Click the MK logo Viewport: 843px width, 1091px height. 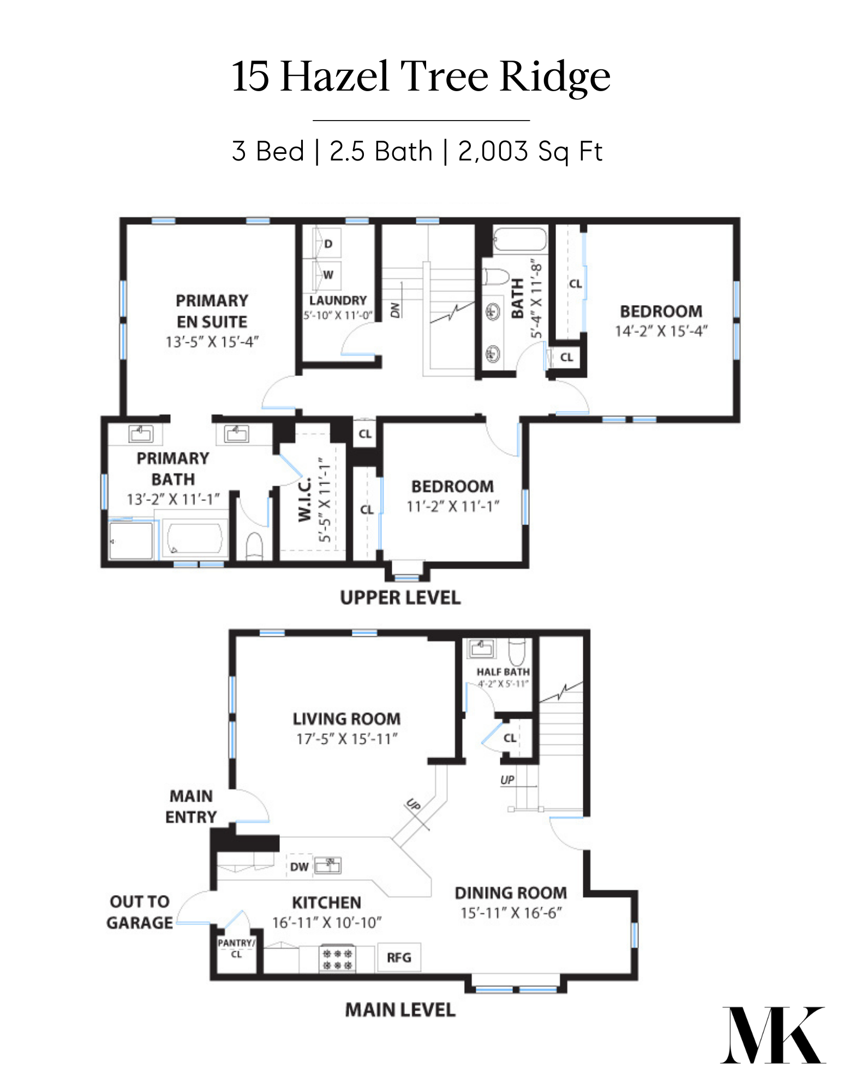click(773, 1035)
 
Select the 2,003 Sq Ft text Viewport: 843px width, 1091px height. click(530, 151)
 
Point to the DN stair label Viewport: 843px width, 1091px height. click(395, 310)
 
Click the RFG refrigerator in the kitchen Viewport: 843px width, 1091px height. click(399, 957)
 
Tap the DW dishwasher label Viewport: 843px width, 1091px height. click(300, 867)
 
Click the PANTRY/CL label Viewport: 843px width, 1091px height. click(236, 948)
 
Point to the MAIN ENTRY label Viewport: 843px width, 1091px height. click(191, 806)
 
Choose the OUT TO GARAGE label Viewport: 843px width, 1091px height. click(140, 911)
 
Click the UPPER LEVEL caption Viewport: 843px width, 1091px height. click(400, 598)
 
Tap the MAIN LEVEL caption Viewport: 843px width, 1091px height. click(400, 1010)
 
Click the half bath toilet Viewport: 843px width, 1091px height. click(517, 651)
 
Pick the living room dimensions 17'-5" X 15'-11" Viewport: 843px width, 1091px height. click(347, 739)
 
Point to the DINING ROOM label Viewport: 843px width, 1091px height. click(511, 893)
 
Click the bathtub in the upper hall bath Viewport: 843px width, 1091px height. click(519, 240)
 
